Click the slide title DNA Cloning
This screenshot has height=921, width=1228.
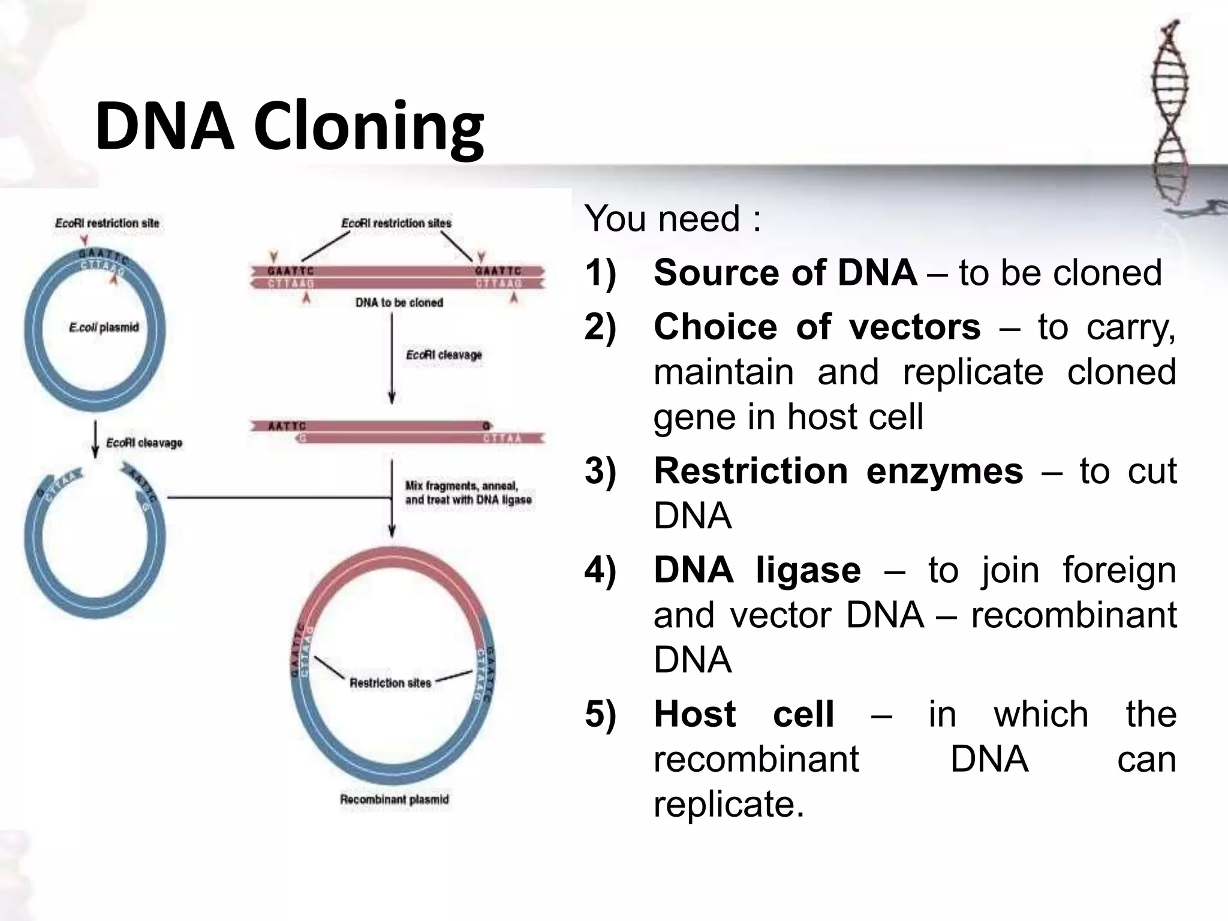[x=289, y=127]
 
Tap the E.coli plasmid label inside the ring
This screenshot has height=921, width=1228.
[x=104, y=327]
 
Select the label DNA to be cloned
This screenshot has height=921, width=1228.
[x=399, y=303]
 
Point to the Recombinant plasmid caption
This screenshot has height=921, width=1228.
[x=394, y=799]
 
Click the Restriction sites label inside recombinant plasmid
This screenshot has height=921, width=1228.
[x=390, y=683]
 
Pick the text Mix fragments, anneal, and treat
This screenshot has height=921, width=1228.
[x=468, y=493]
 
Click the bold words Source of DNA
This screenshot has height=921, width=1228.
[x=784, y=273]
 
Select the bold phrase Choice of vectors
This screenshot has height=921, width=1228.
[x=817, y=327]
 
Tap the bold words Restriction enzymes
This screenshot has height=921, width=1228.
[x=838, y=471]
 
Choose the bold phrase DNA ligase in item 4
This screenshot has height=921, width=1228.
[x=757, y=570]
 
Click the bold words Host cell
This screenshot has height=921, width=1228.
[x=743, y=714]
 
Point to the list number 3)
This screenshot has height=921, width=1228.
[x=600, y=471]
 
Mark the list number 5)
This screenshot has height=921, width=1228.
[x=600, y=715]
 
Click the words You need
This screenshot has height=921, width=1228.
[x=672, y=218]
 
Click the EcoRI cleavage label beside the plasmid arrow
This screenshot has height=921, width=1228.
[x=144, y=443]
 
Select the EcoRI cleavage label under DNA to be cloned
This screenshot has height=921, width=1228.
[x=444, y=355]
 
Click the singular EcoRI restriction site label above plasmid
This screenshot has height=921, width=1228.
[x=107, y=223]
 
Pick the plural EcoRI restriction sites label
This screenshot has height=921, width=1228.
[x=396, y=223]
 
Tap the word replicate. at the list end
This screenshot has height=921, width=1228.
[x=728, y=804]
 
